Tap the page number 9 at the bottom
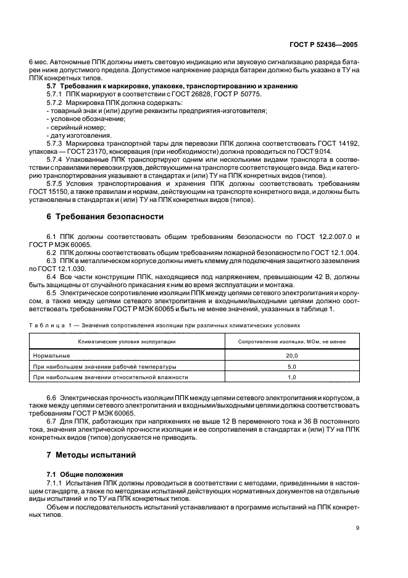pyautogui.click(x=357, y=527)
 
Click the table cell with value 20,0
pyautogui.click(x=291, y=356)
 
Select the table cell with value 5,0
pyautogui.click(x=291, y=366)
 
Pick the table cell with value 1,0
pyautogui.click(x=291, y=377)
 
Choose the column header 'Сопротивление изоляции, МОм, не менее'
pyautogui.click(x=292, y=341)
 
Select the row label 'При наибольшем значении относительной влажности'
pyautogui.click(x=110, y=377)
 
